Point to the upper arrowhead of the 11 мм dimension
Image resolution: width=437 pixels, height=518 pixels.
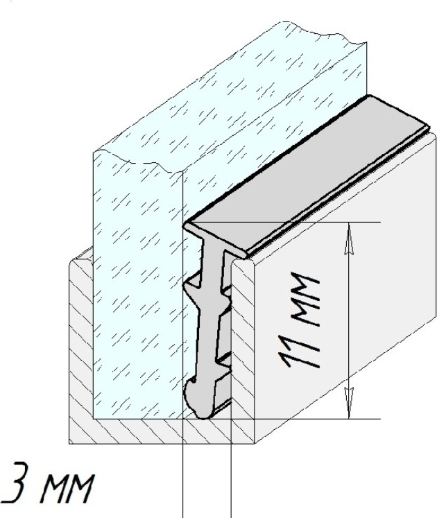349,239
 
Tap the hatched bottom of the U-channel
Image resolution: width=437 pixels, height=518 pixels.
162,431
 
